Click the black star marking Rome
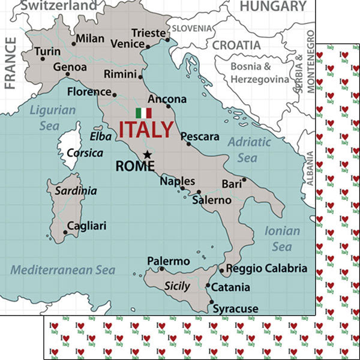pos(147,154)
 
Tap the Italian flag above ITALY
pos(143,113)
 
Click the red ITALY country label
pos(146,130)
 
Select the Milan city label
pos(91,39)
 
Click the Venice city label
pos(127,44)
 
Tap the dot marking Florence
pos(115,94)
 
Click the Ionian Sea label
pos(282,239)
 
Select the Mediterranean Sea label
pos(63,270)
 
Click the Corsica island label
pos(80,153)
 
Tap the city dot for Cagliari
pos(65,232)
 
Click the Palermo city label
pos(168,262)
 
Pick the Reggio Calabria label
pos(266,268)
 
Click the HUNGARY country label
pos(273,7)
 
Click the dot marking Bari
pos(244,179)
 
